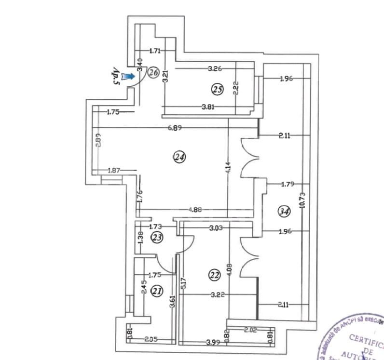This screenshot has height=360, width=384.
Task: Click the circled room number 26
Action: tap(153, 73)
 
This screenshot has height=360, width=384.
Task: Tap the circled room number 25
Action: tap(218, 89)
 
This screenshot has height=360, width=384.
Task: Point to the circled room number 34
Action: tap(285, 210)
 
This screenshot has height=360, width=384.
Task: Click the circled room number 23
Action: tap(156, 237)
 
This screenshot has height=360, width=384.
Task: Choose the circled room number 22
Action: tap(214, 275)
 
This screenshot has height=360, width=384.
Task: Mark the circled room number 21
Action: tap(156, 291)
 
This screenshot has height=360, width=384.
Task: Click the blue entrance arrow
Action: tap(128, 76)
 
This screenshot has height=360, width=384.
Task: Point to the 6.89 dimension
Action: tap(175, 128)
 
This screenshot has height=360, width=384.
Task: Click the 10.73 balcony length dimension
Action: tap(302, 200)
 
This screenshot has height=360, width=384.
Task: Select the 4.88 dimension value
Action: tap(195, 210)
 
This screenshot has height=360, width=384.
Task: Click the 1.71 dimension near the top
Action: tap(155, 50)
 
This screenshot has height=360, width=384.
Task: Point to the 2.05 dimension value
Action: tap(152, 340)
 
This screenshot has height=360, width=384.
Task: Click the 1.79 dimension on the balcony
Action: tap(287, 184)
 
